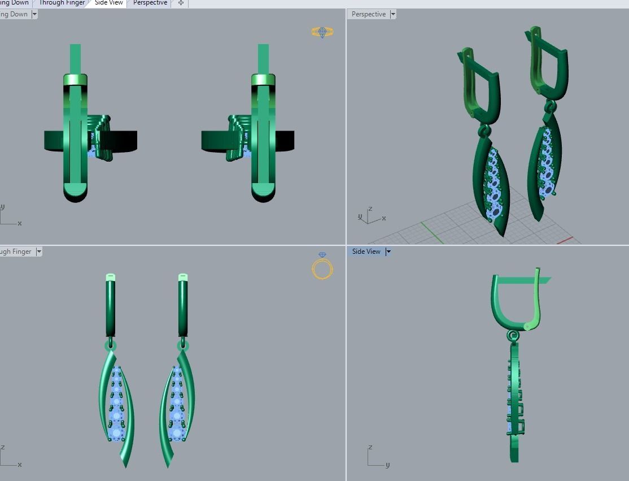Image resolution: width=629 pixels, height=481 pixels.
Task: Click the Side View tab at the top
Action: [108, 3]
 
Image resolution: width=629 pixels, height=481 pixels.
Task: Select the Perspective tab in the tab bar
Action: [150, 3]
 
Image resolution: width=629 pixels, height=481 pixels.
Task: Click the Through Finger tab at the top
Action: [61, 3]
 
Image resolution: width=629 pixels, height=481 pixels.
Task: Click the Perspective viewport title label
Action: [368, 14]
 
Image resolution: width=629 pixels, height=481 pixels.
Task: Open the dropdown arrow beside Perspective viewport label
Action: [393, 14]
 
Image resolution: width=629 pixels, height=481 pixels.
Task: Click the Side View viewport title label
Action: [366, 252]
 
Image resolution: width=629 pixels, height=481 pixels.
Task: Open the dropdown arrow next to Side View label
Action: [388, 252]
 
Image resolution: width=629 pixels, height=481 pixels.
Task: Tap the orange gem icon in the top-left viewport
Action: [322, 32]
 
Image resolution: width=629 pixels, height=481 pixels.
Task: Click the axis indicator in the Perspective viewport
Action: [371, 216]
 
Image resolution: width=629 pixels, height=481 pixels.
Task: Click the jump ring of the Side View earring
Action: [513, 336]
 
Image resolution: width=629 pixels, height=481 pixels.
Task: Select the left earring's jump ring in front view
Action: [111, 345]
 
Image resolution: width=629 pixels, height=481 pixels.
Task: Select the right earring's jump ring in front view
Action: [182, 345]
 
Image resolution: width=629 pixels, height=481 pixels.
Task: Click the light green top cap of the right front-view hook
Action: [182, 277]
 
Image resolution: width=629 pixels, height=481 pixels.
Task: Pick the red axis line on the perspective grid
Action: [565, 240]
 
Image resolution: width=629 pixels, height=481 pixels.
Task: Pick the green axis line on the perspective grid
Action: [431, 232]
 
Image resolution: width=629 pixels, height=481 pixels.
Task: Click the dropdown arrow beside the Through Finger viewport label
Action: [39, 252]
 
